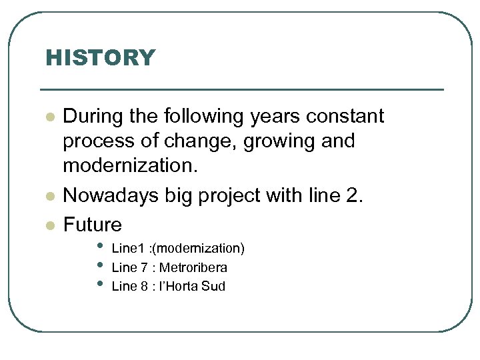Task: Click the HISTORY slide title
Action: click(x=99, y=58)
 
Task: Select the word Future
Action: click(x=93, y=225)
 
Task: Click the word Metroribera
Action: click(x=193, y=268)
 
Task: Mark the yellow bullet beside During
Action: click(x=49, y=117)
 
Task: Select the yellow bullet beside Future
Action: click(x=49, y=226)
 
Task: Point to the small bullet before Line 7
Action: click(x=101, y=266)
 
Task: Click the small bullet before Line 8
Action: click(x=101, y=285)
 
